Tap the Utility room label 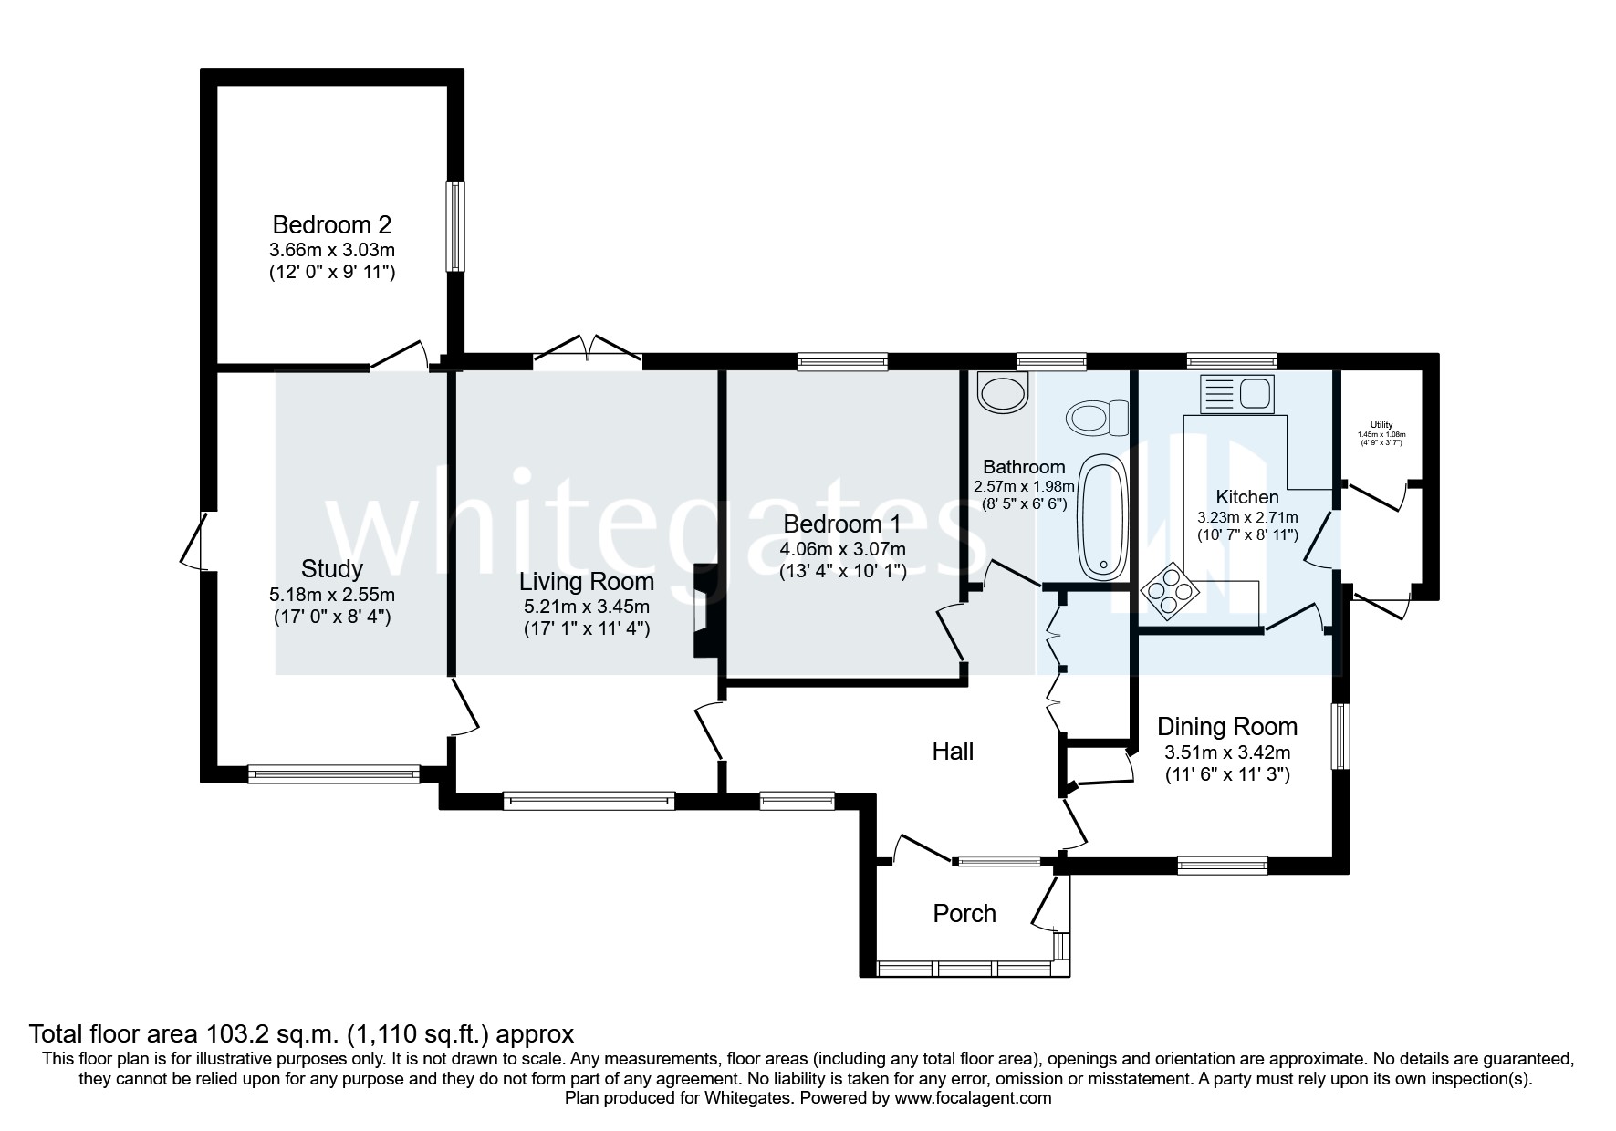pos(1381,425)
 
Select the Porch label pos(964,914)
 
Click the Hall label pos(952,752)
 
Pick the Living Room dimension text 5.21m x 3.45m pos(586,607)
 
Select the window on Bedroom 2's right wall pos(454,226)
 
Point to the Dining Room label pos(1226,727)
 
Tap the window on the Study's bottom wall pos(333,775)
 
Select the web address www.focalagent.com pos(973,1099)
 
